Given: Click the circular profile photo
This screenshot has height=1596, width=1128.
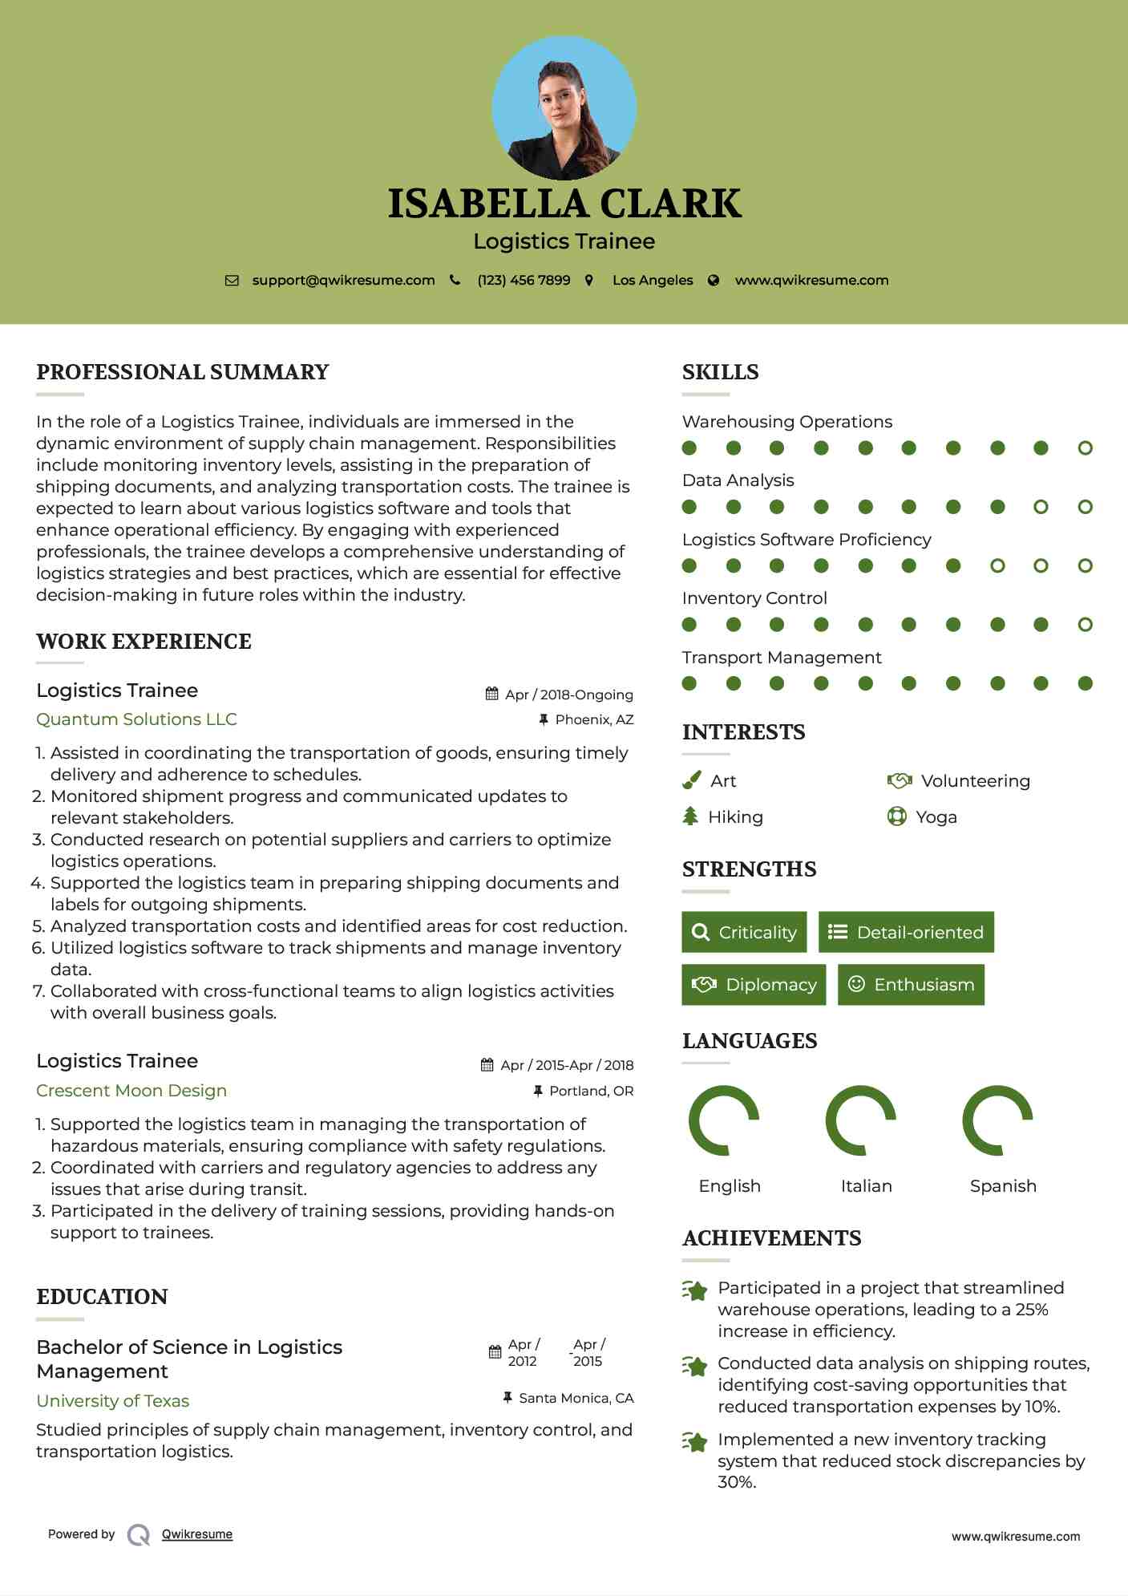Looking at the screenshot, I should pos(564,107).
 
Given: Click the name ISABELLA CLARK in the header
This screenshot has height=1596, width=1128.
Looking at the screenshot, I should pos(564,204).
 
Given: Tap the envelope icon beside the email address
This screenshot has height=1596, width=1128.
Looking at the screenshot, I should pos(232,281).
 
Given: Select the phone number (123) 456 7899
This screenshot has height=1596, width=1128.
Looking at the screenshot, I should pos(524,281).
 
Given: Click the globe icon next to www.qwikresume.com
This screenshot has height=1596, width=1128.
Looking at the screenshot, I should pos(714,281).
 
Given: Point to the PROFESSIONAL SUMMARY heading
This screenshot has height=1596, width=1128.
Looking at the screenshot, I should pos(183,372).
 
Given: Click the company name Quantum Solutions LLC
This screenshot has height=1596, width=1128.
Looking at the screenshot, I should pos(136,719).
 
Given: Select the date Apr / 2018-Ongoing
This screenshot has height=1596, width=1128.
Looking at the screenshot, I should pos(568,695).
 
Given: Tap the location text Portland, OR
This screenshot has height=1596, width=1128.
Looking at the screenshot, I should pos(591,1091).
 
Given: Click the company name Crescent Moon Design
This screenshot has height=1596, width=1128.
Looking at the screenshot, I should pos(131,1091).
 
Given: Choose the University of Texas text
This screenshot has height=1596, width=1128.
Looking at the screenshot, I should pos(112,1401).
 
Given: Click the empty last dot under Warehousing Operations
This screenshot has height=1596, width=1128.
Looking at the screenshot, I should pos(1085,448).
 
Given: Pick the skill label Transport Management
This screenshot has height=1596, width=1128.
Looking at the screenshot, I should pos(782,658).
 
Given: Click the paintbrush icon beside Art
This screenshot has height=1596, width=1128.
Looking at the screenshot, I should pos(691,780).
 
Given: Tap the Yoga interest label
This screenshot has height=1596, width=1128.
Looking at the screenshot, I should pos(936,817).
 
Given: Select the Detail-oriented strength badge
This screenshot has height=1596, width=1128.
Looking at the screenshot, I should pos(906,932).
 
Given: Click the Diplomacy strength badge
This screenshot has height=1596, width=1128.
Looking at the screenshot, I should pos(754,985).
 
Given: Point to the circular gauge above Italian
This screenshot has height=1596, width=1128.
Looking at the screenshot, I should pos(860,1120).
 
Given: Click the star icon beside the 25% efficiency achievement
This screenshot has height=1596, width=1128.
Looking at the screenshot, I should pos(694,1290).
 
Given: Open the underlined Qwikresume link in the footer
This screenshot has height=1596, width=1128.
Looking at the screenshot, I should pos(197,1534).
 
